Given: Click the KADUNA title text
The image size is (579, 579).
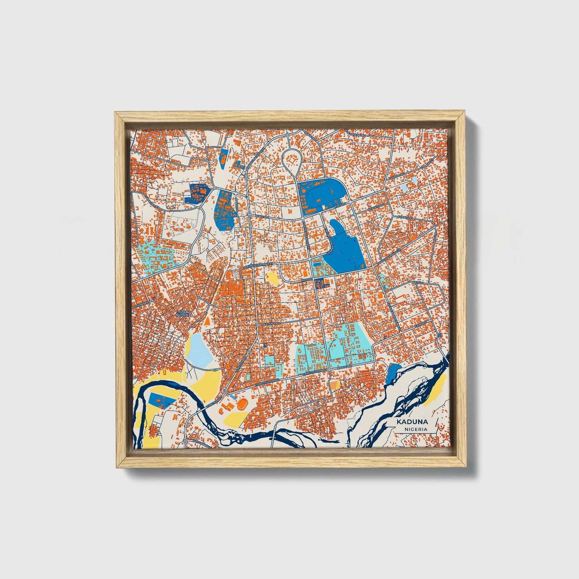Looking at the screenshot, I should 412,422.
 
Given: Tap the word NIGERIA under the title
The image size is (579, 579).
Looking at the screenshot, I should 416,429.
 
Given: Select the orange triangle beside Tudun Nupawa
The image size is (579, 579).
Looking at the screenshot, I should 207,321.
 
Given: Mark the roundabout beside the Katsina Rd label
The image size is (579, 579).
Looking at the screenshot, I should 257,325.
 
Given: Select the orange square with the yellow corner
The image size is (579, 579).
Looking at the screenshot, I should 334,385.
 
